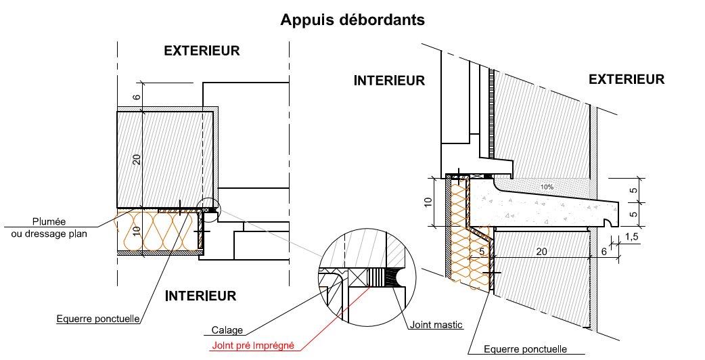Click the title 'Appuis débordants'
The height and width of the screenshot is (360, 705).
pyautogui.click(x=352, y=20)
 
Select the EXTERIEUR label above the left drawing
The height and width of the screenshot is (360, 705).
pyautogui.click(x=202, y=51)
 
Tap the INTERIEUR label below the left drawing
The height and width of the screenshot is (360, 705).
pyautogui.click(x=201, y=296)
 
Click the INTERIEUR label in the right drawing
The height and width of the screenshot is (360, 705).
pyautogui.click(x=389, y=81)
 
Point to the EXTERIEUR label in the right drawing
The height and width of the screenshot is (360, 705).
pyautogui.click(x=627, y=79)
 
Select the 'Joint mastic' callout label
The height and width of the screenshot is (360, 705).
pyautogui.click(x=436, y=325)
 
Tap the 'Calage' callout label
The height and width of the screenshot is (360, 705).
pyautogui.click(x=226, y=331)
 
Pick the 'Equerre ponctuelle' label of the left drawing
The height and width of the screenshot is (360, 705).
pyautogui.click(x=98, y=319)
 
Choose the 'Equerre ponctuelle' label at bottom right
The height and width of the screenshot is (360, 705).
pyautogui.click(x=526, y=349)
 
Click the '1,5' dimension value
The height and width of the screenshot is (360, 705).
pyautogui.click(x=631, y=237)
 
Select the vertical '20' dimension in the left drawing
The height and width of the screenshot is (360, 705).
pyautogui.click(x=137, y=160)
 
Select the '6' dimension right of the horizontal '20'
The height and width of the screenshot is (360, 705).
pyautogui.click(x=603, y=251)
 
